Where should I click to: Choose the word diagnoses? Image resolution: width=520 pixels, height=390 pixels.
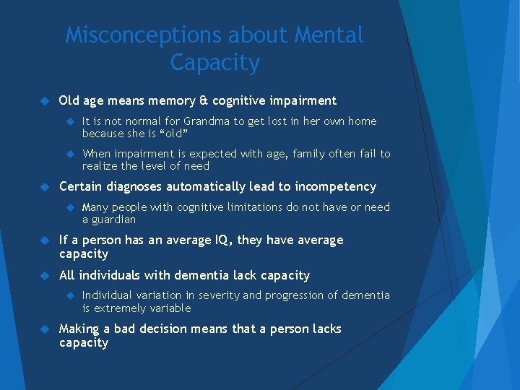135,186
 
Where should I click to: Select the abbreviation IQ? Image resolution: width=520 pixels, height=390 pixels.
200,240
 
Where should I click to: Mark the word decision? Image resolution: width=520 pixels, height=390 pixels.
171,329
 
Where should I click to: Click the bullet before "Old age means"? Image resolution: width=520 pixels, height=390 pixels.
43,100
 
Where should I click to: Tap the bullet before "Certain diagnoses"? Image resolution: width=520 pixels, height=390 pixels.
43,186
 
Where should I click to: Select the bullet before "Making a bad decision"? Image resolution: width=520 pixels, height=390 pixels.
43,329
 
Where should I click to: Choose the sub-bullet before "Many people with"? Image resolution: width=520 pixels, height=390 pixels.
71,207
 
